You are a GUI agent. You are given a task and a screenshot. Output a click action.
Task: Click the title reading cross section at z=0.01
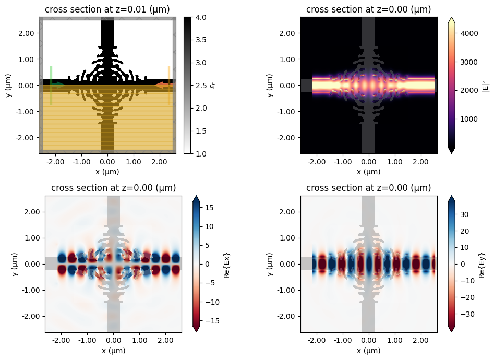[x=107, y=9]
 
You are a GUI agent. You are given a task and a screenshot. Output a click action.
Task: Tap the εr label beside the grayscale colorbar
[x=214, y=85]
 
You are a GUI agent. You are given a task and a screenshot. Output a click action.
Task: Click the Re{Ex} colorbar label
[x=226, y=264]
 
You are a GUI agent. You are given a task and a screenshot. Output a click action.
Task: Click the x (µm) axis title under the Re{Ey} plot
[x=369, y=351]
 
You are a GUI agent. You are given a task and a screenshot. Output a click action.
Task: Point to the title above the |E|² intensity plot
[x=369, y=9]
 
